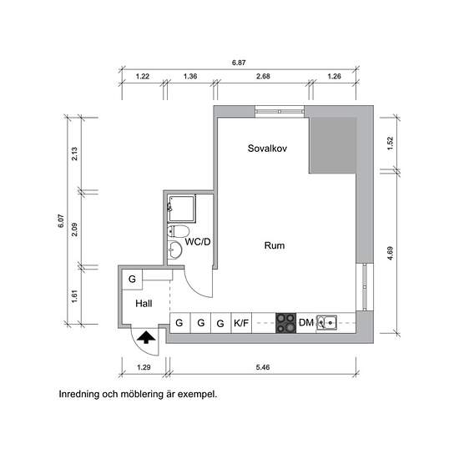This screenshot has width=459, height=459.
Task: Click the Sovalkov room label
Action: [267, 149]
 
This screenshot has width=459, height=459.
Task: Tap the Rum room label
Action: [275, 245]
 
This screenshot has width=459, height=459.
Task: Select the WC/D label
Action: [198, 242]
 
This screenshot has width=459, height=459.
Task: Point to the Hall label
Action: [144, 304]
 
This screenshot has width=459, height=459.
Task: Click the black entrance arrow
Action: [146, 337]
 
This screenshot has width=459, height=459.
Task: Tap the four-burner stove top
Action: [285, 323]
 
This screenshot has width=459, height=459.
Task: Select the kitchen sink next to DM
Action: [326, 323]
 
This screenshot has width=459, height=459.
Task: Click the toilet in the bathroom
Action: [178, 231]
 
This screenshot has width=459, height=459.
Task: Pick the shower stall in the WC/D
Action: [181, 209]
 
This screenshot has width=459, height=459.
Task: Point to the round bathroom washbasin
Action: [174, 250]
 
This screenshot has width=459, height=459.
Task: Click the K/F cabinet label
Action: [241, 323]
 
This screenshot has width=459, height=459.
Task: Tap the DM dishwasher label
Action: [306, 323]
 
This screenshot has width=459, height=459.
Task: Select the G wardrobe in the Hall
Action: [132, 280]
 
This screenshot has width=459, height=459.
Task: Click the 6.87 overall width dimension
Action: [239, 63]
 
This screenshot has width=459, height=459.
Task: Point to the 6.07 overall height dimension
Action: [61, 220]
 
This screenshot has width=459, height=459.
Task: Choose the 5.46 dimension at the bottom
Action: [263, 367]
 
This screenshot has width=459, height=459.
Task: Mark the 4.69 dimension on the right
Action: [391, 253]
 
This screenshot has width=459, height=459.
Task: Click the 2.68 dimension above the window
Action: [263, 77]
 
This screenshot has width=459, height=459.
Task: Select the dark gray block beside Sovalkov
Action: [333, 145]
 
